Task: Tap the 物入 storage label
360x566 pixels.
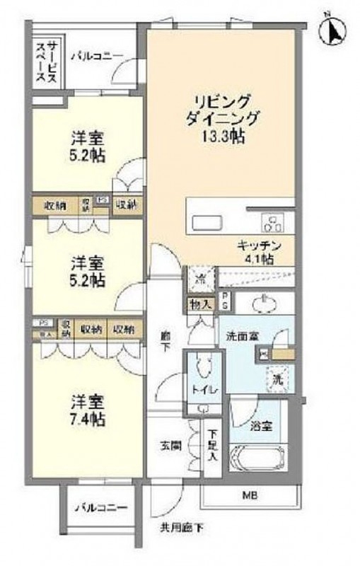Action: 199,304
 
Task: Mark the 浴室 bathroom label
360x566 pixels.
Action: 261,427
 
